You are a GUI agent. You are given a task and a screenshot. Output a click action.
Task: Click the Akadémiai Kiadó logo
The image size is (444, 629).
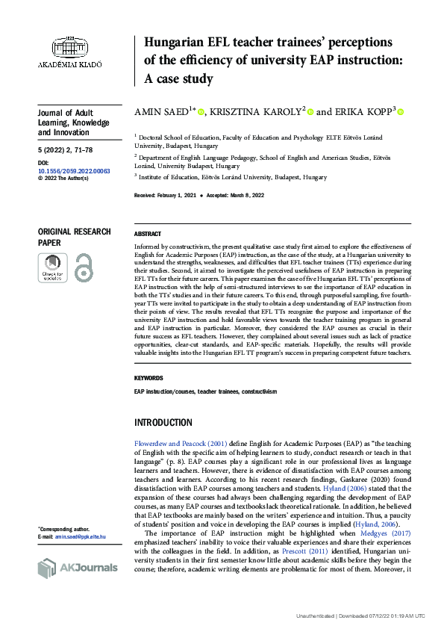[x=76, y=52]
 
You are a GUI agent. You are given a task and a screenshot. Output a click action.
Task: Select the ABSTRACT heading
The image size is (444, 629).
[x=148, y=234]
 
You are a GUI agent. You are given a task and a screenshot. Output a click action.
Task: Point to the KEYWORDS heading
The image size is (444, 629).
[x=148, y=378]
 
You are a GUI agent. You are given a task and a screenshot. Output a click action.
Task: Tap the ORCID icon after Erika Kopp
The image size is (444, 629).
[x=400, y=113]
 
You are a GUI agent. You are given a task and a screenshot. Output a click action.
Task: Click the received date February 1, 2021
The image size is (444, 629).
[x=177, y=194]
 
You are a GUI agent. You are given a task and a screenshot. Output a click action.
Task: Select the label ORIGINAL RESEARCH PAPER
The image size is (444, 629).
[x=74, y=238]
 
